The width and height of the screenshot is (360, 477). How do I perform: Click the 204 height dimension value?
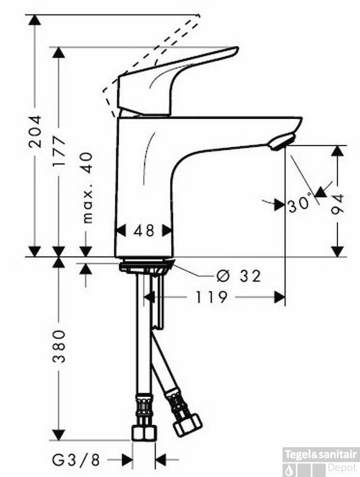pyautogui.click(x=35, y=132)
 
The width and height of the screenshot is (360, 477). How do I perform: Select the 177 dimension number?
pyautogui.click(x=58, y=151)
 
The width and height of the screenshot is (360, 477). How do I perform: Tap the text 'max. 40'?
pyautogui.click(x=87, y=188)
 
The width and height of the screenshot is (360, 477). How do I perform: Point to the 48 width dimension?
pyautogui.click(x=144, y=231)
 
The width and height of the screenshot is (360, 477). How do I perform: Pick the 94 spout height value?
pyautogui.click(x=337, y=204)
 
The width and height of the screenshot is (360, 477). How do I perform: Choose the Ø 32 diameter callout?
pyautogui.click(x=238, y=275)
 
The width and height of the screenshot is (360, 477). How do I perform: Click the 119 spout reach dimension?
pyautogui.click(x=211, y=297)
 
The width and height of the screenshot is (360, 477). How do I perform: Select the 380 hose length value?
pyautogui.click(x=58, y=346)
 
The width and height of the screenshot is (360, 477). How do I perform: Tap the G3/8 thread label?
pyautogui.click(x=76, y=460)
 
